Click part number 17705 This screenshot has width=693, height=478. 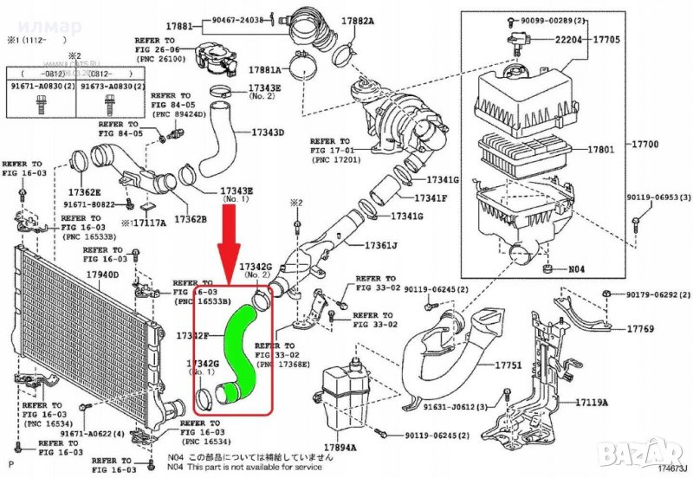[606, 39]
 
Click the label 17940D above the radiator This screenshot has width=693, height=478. [102, 275]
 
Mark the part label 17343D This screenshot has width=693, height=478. [267, 132]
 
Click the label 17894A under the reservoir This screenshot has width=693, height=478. [340, 447]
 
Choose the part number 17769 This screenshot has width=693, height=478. [642, 329]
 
